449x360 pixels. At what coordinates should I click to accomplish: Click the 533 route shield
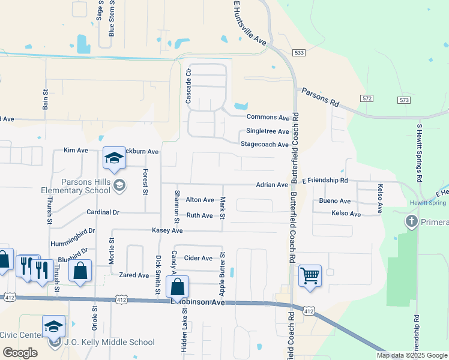click(300, 53)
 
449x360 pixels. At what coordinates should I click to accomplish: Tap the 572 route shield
click(367, 98)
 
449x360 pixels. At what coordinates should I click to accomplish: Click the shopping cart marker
click(310, 276)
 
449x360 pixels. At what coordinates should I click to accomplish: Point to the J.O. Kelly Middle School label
click(110, 343)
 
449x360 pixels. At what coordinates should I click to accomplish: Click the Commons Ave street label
click(268, 118)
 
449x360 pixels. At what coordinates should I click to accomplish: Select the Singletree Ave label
click(267, 131)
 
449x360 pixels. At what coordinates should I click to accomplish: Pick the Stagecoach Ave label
click(264, 145)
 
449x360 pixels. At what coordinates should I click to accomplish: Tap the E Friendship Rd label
click(325, 180)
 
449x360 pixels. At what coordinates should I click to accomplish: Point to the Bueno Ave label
click(335, 201)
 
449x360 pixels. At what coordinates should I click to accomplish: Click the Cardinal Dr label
click(103, 212)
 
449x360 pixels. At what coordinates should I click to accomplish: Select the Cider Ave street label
click(198, 258)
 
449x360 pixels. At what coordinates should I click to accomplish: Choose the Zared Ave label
click(134, 275)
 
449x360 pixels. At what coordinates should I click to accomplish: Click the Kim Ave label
click(76, 151)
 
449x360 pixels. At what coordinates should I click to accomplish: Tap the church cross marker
click(412, 222)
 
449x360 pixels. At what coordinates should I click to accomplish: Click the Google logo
click(20, 353)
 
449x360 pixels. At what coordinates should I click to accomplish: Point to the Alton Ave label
click(200, 200)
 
